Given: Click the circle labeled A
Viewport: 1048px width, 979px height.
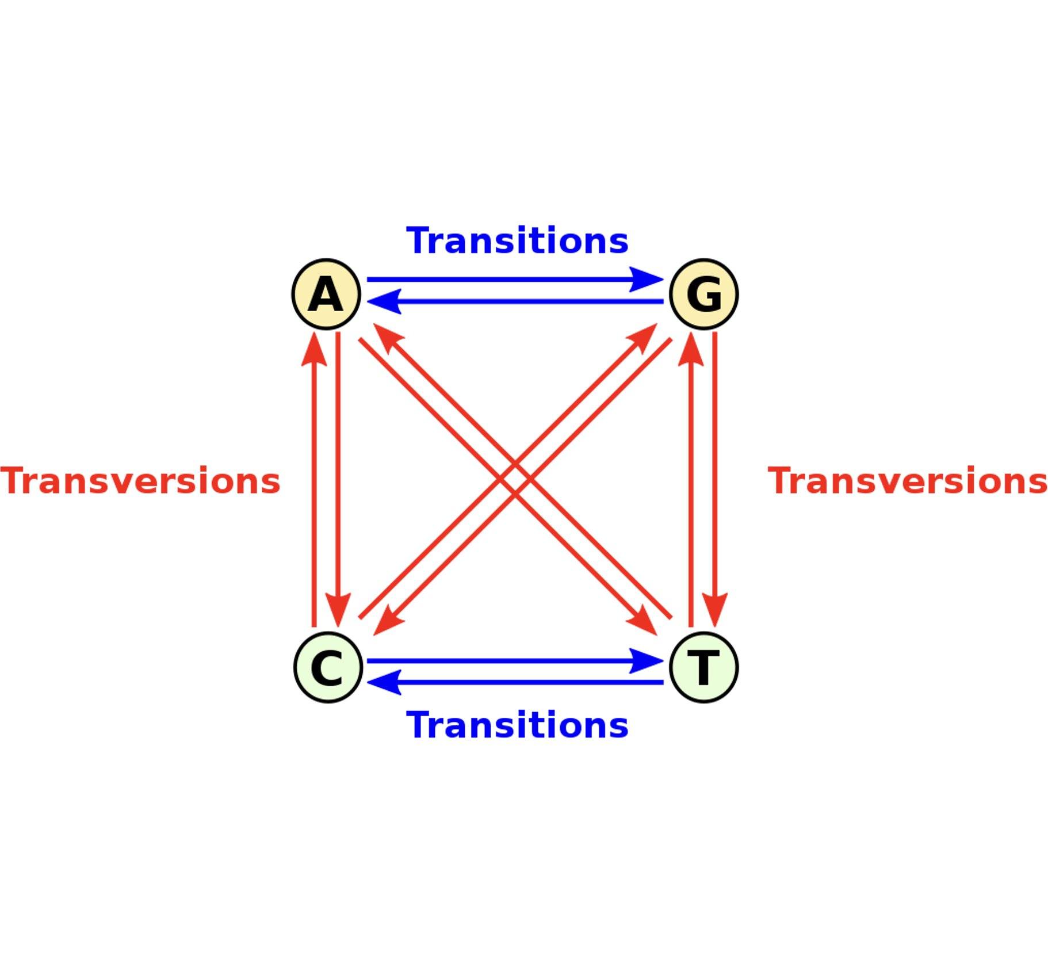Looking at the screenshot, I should tap(326, 294).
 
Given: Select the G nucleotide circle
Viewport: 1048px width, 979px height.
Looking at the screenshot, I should tap(703, 294).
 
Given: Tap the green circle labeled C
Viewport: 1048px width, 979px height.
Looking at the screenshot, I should tap(328, 667).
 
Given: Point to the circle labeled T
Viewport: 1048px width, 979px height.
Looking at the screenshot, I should tap(703, 667).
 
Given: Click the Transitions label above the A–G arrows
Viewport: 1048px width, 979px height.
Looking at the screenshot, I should tap(517, 240).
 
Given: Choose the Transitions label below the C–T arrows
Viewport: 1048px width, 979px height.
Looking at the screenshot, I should tap(517, 725).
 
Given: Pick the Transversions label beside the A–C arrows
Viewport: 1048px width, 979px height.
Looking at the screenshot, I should tap(140, 481).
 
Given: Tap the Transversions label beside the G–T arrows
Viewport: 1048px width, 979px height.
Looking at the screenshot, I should tap(908, 481).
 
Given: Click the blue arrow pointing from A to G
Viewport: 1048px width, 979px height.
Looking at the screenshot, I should tap(515, 280).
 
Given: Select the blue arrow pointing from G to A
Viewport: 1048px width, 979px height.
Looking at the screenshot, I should tap(515, 301).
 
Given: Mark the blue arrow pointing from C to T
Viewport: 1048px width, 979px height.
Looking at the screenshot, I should tap(515, 661).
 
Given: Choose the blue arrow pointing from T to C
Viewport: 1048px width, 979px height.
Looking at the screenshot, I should tap(515, 683).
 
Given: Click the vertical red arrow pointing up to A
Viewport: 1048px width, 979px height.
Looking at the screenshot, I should tap(314, 477).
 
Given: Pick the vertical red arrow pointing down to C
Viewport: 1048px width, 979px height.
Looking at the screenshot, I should tap(338, 477).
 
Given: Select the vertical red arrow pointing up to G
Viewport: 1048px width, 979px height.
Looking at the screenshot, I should tap(691, 477).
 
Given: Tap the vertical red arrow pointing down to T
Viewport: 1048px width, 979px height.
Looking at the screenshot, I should tap(715, 477).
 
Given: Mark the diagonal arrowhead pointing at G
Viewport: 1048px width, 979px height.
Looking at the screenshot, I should tap(644, 336).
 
